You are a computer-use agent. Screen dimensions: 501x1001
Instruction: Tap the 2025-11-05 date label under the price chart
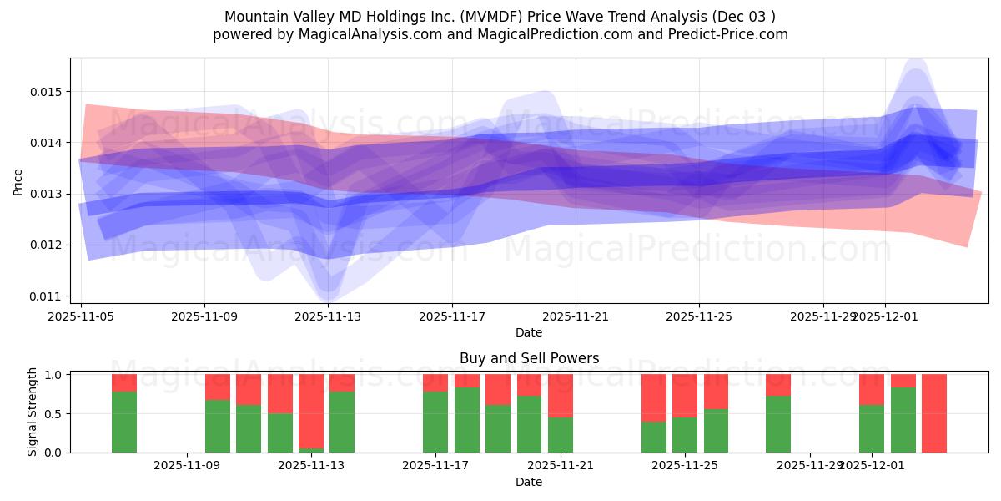click(81, 316)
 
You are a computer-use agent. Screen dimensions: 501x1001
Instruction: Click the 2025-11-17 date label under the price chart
click(451, 316)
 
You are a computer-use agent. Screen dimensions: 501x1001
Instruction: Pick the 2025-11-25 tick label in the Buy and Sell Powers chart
click(685, 466)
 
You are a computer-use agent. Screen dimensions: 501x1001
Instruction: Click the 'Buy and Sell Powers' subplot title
click(529, 358)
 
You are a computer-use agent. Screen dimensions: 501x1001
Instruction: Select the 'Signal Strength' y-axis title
click(32, 412)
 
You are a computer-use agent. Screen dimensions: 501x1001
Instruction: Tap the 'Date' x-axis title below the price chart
click(529, 332)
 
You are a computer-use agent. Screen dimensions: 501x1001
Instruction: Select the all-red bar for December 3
click(934, 413)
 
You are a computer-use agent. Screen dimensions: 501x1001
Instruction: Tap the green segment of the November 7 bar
click(124, 422)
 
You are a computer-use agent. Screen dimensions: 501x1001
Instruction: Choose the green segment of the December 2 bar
click(903, 420)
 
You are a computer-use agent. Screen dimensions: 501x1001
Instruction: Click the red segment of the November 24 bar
click(654, 397)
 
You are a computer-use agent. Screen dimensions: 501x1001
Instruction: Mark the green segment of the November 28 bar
click(778, 424)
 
